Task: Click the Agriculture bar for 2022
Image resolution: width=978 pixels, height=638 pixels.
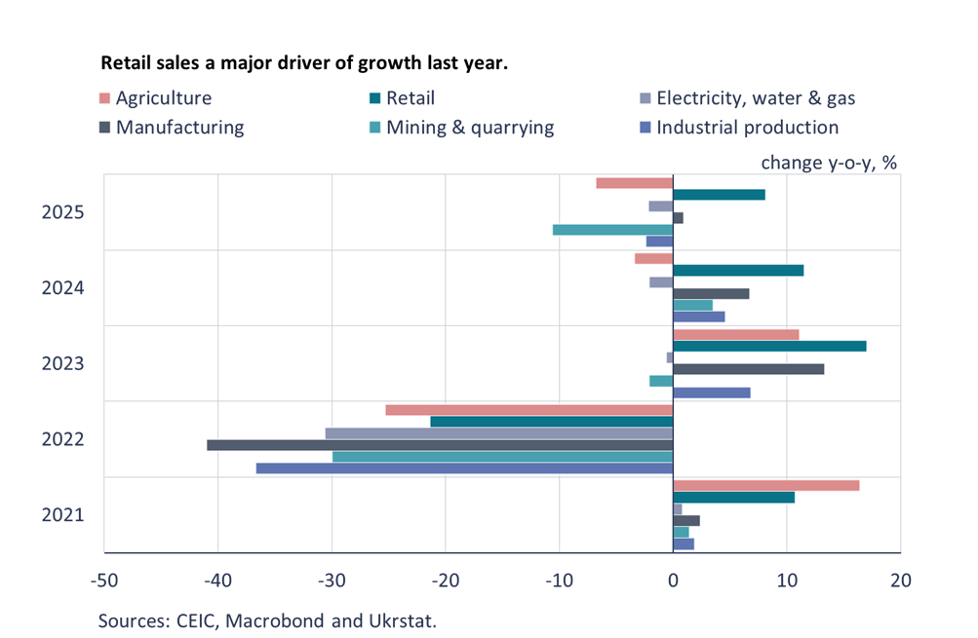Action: (528, 410)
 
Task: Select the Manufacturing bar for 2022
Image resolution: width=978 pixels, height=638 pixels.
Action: (439, 445)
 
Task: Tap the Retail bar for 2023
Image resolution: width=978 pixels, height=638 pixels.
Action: (769, 346)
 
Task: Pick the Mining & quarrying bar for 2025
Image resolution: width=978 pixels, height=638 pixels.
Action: (612, 230)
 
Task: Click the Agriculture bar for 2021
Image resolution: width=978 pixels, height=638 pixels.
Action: (766, 485)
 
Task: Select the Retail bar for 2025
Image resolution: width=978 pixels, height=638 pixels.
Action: (719, 195)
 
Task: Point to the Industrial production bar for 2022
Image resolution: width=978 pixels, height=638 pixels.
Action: (463, 469)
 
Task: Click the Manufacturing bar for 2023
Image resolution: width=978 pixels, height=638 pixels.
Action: (749, 369)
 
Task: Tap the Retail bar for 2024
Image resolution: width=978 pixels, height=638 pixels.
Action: (738, 270)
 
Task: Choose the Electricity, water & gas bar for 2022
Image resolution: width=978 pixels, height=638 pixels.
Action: (498, 433)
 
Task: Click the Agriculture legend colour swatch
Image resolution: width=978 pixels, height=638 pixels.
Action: (105, 98)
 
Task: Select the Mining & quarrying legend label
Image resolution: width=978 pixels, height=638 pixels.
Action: (470, 128)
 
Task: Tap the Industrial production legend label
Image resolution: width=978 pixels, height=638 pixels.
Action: (747, 128)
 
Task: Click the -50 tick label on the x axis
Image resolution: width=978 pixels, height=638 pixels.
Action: (104, 580)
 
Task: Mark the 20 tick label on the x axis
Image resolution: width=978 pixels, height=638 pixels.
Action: (900, 580)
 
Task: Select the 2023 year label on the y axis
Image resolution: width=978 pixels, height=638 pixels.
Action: (62, 363)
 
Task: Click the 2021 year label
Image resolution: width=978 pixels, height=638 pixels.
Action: (62, 515)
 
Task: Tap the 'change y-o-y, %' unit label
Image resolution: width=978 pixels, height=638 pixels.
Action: (828, 162)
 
